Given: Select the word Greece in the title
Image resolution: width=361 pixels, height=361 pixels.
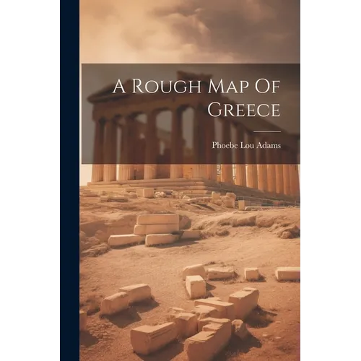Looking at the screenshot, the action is (x=240, y=110).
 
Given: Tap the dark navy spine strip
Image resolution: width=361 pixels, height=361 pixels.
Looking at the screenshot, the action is (x=69, y=180).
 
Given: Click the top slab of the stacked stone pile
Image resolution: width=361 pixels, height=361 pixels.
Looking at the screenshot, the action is (x=157, y=218).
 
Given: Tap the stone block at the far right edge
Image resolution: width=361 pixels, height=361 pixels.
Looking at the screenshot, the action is (x=287, y=274).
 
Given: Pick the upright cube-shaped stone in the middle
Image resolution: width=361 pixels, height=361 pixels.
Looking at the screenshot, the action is (x=196, y=287).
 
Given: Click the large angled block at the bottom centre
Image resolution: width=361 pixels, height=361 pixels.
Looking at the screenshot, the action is (x=152, y=338).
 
